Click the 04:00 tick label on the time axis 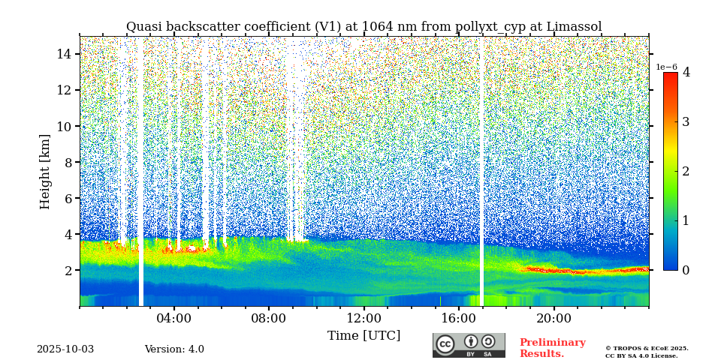[x=174, y=318]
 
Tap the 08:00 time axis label [x=269, y=318]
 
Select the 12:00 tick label [x=364, y=318]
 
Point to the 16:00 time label [x=459, y=318]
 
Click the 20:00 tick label [x=554, y=318]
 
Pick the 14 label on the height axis [x=64, y=54]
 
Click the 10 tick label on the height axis [x=64, y=126]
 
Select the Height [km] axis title [x=45, y=171]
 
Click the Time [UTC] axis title [x=364, y=335]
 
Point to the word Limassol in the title [x=574, y=27]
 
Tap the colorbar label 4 [x=686, y=73]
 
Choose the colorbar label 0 [x=686, y=270]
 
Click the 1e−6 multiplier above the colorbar [x=667, y=67]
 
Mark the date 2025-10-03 [x=65, y=349]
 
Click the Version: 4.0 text [x=174, y=349]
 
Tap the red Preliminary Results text [x=552, y=348]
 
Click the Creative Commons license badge [x=469, y=345]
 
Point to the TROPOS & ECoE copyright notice [x=647, y=352]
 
